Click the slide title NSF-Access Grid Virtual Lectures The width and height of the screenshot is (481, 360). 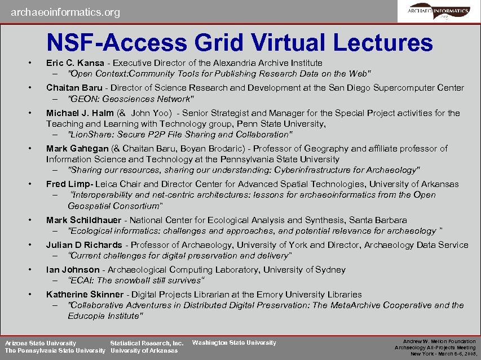tap(240, 42)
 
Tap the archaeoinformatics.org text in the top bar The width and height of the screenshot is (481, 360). tap(65, 12)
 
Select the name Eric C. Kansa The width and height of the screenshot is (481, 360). tap(75, 63)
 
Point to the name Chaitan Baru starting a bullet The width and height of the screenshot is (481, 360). tap(74, 88)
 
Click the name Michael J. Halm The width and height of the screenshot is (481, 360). tap(80, 113)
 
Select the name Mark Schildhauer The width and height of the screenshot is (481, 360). tap(85, 220)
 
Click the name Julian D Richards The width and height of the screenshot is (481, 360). tap(84, 245)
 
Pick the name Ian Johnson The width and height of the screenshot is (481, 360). tap(73, 270)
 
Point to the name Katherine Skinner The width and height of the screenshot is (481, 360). tap(85, 295)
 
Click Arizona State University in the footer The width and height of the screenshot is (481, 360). tap(41, 343)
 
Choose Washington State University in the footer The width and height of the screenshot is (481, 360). tap(234, 343)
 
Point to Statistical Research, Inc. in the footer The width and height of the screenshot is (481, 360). tap(147, 343)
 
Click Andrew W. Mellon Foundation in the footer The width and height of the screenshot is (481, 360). tap(439, 341)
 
